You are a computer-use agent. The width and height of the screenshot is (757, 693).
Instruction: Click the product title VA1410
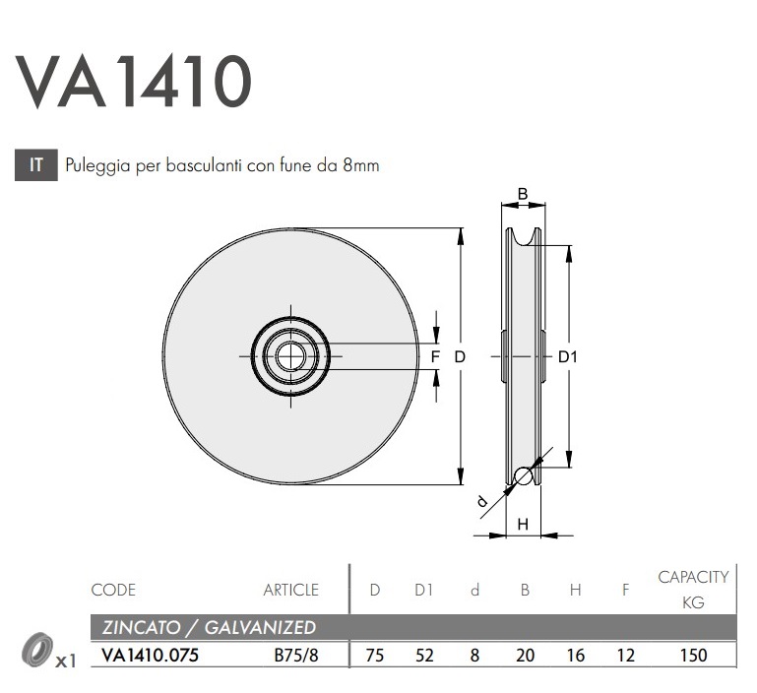point(134,81)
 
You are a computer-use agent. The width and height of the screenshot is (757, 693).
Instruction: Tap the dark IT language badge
point(37,165)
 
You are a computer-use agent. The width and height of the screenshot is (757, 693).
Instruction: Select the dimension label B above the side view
point(523,194)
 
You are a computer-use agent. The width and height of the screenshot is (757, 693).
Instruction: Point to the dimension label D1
point(568,357)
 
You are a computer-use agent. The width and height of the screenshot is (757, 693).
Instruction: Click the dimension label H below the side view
point(523,525)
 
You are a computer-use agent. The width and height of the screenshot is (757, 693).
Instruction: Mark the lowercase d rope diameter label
point(482,502)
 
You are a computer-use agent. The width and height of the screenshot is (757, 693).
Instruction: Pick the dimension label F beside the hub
point(434,356)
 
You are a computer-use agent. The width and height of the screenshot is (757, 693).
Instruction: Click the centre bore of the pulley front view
point(289,355)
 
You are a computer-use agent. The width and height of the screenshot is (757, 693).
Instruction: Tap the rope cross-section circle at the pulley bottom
point(523,476)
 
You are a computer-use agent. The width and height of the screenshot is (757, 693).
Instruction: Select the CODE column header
point(113,591)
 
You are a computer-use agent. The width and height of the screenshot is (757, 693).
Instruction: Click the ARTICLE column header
point(290,591)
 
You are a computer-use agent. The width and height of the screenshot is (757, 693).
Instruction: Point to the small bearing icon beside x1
point(36,651)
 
